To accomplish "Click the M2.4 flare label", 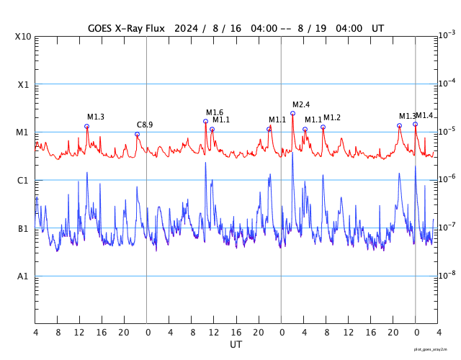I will tap(301, 104).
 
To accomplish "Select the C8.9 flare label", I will tap(145, 125).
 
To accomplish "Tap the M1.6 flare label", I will tap(215, 112).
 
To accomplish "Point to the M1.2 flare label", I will tap(332, 117).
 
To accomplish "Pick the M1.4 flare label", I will tap(424, 115).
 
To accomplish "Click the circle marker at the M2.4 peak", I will tap(292, 113).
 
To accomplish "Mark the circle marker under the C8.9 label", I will tap(137, 134).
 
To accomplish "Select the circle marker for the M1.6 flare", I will tap(205, 121).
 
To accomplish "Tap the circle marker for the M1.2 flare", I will tap(323, 127).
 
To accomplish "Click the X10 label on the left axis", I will tap(24, 37).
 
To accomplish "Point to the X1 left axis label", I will tap(24, 84).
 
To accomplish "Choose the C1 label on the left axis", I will tap(24, 180).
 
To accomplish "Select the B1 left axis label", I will tap(24, 228).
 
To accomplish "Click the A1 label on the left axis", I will tap(24, 276).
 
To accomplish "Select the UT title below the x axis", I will tap(236, 345).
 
